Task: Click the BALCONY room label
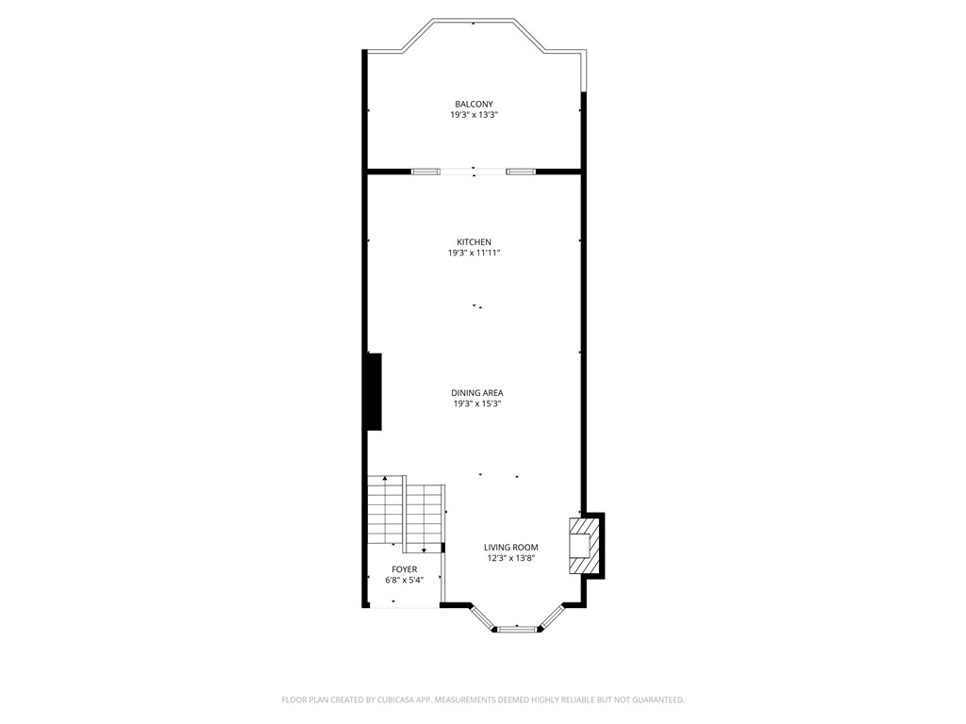474,104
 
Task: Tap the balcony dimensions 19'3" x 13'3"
474,115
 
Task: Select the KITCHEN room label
474,242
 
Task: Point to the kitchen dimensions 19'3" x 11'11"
474,254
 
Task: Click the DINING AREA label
477,392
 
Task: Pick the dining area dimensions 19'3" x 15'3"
477,403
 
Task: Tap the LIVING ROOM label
510,547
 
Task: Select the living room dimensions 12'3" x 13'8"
510,558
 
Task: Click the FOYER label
404,569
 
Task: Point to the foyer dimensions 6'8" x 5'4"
404,581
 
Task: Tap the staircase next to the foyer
405,513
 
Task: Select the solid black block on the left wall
375,391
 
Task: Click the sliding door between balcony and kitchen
474,172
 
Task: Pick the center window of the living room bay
516,628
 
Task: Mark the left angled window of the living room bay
481,617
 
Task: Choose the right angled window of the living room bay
551,617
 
